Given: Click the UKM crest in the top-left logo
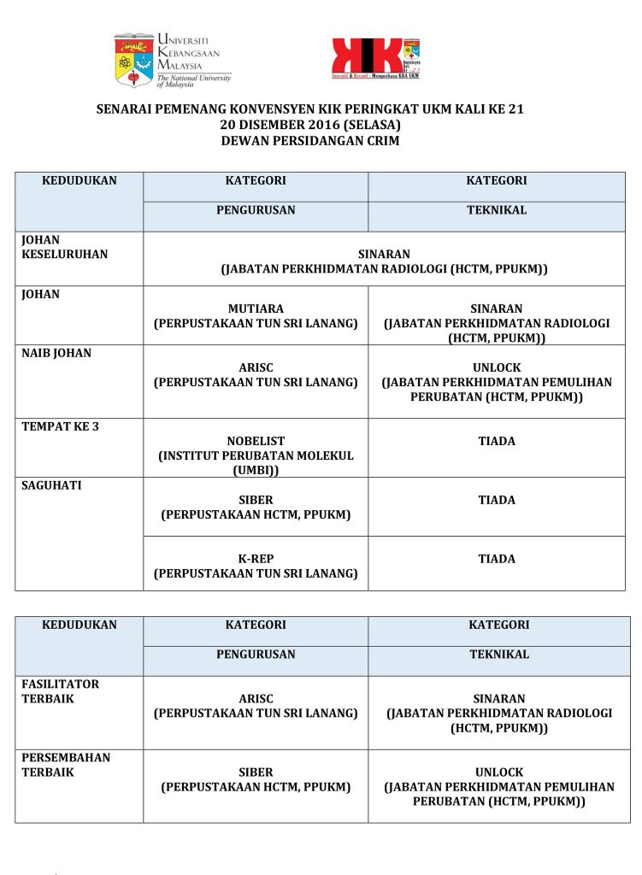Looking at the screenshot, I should tap(134, 59).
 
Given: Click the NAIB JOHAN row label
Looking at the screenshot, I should tap(56, 353).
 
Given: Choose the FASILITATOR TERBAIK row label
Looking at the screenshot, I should tap(60, 691).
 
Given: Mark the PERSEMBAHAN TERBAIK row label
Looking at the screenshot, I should tap(66, 765).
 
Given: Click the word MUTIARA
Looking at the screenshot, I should tap(256, 308).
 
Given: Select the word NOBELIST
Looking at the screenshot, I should tap(256, 441).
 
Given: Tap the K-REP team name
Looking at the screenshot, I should tap(256, 559).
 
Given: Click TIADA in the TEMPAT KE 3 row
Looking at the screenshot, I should tap(497, 441).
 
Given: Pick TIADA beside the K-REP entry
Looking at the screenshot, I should tap(497, 559).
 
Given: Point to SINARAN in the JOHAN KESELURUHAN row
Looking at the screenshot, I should tap(384, 254).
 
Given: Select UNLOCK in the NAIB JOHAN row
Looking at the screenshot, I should tap(497, 367).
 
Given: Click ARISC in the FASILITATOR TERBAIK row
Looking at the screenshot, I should tap(256, 698).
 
